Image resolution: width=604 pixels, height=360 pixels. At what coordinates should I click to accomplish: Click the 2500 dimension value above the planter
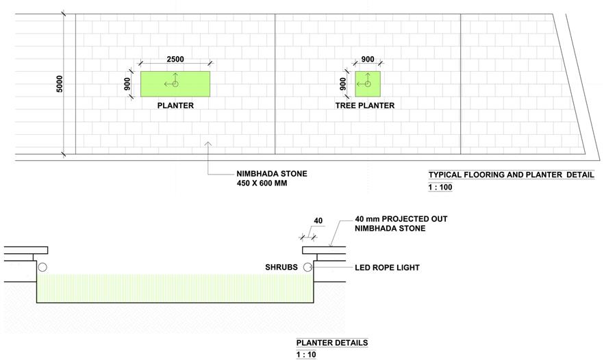tap(175, 59)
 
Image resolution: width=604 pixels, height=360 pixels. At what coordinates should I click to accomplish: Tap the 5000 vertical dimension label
tap(60, 84)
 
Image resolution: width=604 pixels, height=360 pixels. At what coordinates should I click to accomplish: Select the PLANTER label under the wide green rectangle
tap(175, 105)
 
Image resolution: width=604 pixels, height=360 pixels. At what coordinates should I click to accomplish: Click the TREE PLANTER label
tap(365, 105)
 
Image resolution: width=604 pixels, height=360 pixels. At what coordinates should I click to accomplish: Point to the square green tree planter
tap(368, 84)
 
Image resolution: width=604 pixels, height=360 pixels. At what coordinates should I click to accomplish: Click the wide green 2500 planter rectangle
tap(175, 84)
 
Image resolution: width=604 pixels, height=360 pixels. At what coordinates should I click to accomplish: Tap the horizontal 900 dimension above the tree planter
tap(368, 59)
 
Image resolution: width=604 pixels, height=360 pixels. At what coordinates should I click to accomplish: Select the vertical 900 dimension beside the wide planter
tap(127, 84)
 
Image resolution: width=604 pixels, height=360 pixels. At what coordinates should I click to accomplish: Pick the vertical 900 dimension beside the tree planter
tap(343, 84)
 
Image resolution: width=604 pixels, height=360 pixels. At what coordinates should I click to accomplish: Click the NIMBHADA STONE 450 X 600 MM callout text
tap(272, 178)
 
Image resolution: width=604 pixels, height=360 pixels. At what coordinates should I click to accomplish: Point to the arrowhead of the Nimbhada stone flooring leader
tap(208, 142)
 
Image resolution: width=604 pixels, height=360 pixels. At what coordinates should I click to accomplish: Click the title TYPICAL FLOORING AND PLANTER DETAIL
tap(511, 175)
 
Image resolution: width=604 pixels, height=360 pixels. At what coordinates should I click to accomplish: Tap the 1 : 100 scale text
tap(440, 187)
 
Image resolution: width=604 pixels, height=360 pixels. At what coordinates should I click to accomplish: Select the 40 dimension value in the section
tap(318, 220)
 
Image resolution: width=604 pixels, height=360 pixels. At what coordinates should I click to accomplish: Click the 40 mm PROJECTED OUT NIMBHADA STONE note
tap(401, 223)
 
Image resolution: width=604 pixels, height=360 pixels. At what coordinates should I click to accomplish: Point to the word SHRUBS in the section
tap(281, 267)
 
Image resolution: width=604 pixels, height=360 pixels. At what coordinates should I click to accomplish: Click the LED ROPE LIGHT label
tap(387, 268)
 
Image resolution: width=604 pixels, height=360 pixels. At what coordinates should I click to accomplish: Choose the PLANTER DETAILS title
tap(332, 343)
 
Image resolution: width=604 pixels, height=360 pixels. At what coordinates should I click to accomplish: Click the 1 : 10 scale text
tap(306, 355)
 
